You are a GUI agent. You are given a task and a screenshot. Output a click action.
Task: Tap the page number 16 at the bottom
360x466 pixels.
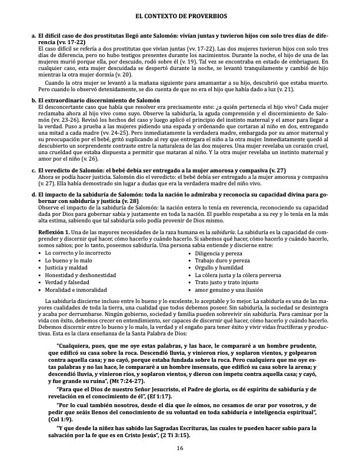[180, 449]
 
